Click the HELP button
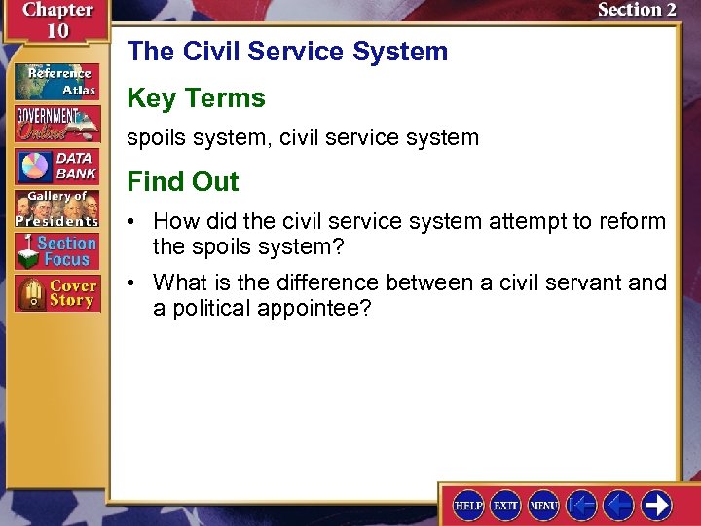469,505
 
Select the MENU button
543,505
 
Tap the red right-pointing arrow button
657,505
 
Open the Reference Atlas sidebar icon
55,82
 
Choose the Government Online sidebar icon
55,124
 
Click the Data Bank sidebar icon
55,167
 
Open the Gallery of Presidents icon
55,208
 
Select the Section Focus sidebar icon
55,250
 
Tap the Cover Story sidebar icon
55,293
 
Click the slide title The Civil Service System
287,51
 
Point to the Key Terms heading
196,97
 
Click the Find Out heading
183,181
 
